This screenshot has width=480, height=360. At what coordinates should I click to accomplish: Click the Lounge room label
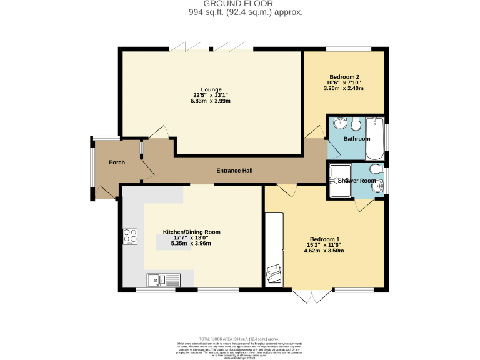click(x=211, y=89)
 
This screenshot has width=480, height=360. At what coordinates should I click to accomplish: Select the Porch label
click(x=117, y=162)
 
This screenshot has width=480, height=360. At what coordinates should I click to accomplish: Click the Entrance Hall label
click(x=234, y=171)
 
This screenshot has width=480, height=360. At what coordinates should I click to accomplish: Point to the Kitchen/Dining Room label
click(x=192, y=231)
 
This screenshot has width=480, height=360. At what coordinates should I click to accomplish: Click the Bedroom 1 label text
click(x=324, y=239)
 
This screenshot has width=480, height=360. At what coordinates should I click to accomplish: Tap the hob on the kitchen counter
click(x=131, y=236)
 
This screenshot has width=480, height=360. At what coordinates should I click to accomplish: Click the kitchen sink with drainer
click(x=163, y=280)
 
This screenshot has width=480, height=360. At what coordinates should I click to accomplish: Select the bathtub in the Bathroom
click(x=375, y=138)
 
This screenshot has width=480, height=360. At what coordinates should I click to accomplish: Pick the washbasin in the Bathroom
click(x=340, y=122)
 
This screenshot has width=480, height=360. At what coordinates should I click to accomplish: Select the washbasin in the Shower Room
click(x=379, y=185)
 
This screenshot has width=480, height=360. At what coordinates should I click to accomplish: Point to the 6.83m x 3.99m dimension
click(x=211, y=101)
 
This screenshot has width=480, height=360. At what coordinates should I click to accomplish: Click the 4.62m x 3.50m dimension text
click(x=324, y=251)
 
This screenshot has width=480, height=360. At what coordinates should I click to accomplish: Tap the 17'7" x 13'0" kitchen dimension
click(x=192, y=237)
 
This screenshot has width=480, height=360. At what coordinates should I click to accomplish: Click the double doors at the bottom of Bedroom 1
click(x=311, y=296)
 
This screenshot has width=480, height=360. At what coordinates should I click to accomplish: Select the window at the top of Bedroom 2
click(x=349, y=49)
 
